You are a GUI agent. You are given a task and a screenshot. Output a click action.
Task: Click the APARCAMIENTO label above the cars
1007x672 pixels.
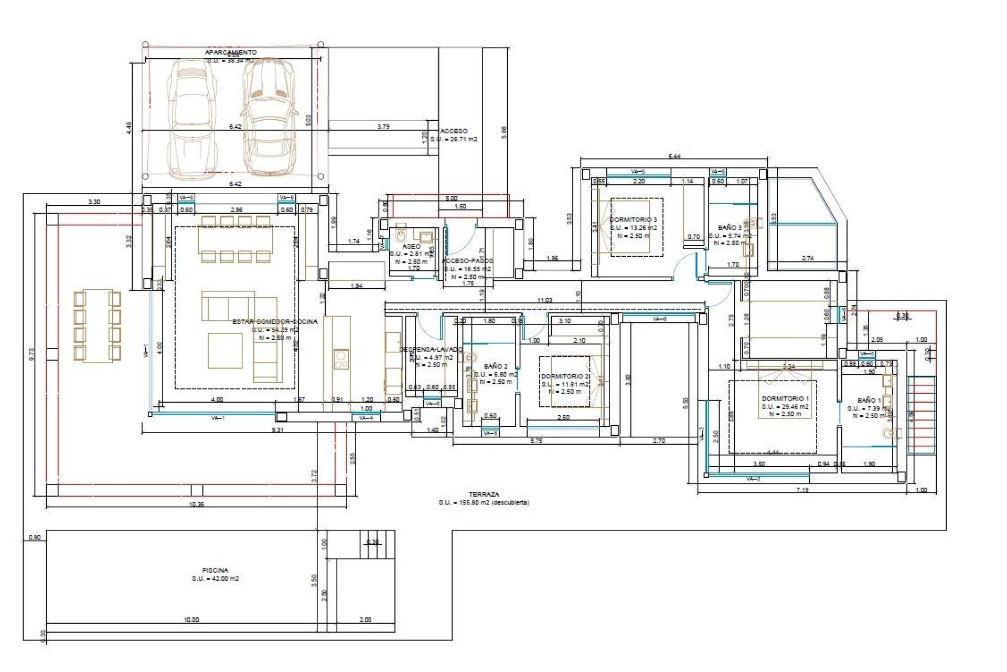point(231,52)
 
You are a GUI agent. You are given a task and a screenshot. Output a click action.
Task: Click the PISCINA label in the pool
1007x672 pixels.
point(215,570)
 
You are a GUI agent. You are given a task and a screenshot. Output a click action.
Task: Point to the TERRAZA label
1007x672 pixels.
point(484,495)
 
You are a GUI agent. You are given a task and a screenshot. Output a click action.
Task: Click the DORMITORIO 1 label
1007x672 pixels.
point(785,399)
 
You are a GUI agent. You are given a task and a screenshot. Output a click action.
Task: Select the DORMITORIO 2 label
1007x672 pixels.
point(565,376)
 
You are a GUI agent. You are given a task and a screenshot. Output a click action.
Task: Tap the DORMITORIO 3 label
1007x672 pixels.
point(633,220)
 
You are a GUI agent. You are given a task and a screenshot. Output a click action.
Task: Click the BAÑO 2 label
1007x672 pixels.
point(496,366)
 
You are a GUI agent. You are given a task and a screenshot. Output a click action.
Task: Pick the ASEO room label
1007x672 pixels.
point(411,246)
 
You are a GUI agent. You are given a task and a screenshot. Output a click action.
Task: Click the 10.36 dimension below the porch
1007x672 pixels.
point(196,504)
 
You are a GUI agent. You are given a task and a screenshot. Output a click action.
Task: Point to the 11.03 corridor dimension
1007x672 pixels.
point(544,300)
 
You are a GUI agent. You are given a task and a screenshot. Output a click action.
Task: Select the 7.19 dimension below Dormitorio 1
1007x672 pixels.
point(802,490)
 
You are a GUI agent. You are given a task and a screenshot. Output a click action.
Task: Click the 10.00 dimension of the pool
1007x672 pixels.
point(191,619)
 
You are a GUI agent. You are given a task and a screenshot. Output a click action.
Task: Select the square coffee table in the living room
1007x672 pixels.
point(225,350)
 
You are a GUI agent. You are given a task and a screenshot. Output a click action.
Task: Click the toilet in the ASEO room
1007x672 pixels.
point(402,233)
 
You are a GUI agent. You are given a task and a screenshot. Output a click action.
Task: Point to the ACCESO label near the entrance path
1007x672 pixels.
point(454,131)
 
